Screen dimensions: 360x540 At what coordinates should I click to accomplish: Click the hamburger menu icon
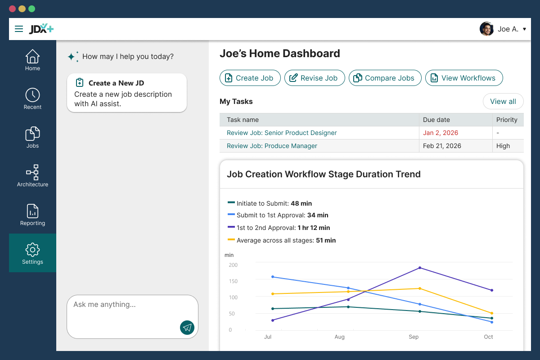[19, 29]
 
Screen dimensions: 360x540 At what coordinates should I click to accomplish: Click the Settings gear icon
[32, 250]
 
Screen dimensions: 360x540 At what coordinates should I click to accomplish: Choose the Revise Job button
[314, 78]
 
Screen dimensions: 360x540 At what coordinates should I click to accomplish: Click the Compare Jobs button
[385, 78]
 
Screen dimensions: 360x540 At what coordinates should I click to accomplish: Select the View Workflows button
[464, 78]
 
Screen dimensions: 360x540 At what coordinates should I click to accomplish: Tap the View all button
[503, 101]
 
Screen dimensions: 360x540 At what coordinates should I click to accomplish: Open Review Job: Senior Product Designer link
[282, 133]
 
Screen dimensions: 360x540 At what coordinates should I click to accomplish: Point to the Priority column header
[507, 120]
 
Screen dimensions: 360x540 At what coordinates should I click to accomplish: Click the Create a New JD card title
[116, 83]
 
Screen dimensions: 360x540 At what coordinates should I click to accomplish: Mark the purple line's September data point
[420, 268]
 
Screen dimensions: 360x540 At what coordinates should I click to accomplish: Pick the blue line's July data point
[273, 277]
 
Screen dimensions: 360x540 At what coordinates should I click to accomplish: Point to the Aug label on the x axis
[340, 337]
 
